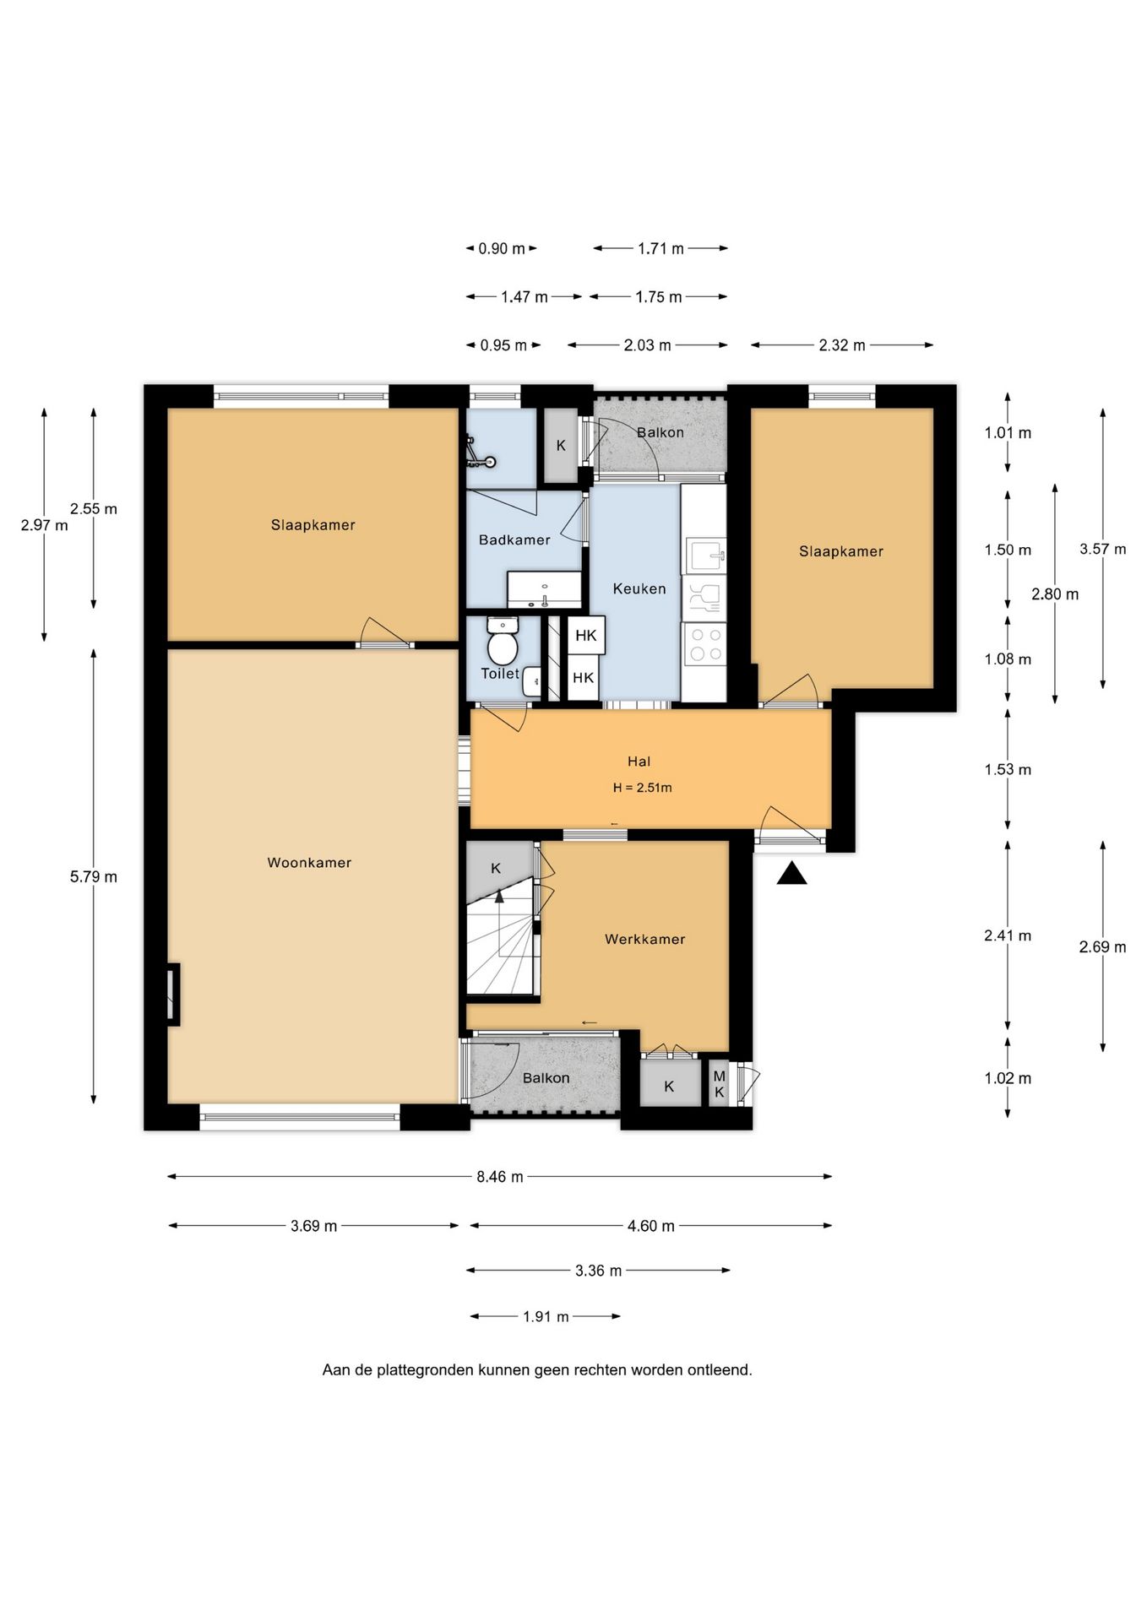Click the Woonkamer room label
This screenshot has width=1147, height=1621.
(309, 863)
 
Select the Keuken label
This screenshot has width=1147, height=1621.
(639, 588)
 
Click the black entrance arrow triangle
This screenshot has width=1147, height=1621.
(791, 873)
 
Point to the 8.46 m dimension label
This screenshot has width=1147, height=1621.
(500, 1177)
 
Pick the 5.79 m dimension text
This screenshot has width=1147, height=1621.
(94, 877)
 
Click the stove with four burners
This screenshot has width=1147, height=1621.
(704, 644)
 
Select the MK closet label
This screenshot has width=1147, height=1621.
(720, 1084)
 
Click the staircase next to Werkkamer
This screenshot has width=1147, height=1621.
(502, 937)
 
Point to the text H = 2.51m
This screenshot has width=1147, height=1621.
(643, 788)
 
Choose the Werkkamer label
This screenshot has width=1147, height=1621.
(644, 939)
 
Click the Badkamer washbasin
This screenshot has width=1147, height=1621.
(545, 589)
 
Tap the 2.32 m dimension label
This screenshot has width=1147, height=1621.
(842, 345)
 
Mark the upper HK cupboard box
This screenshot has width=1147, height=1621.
(585, 636)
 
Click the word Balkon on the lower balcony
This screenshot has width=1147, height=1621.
(546, 1078)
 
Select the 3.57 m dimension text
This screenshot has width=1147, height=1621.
(1102, 549)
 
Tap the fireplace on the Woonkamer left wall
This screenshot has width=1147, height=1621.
(173, 995)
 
